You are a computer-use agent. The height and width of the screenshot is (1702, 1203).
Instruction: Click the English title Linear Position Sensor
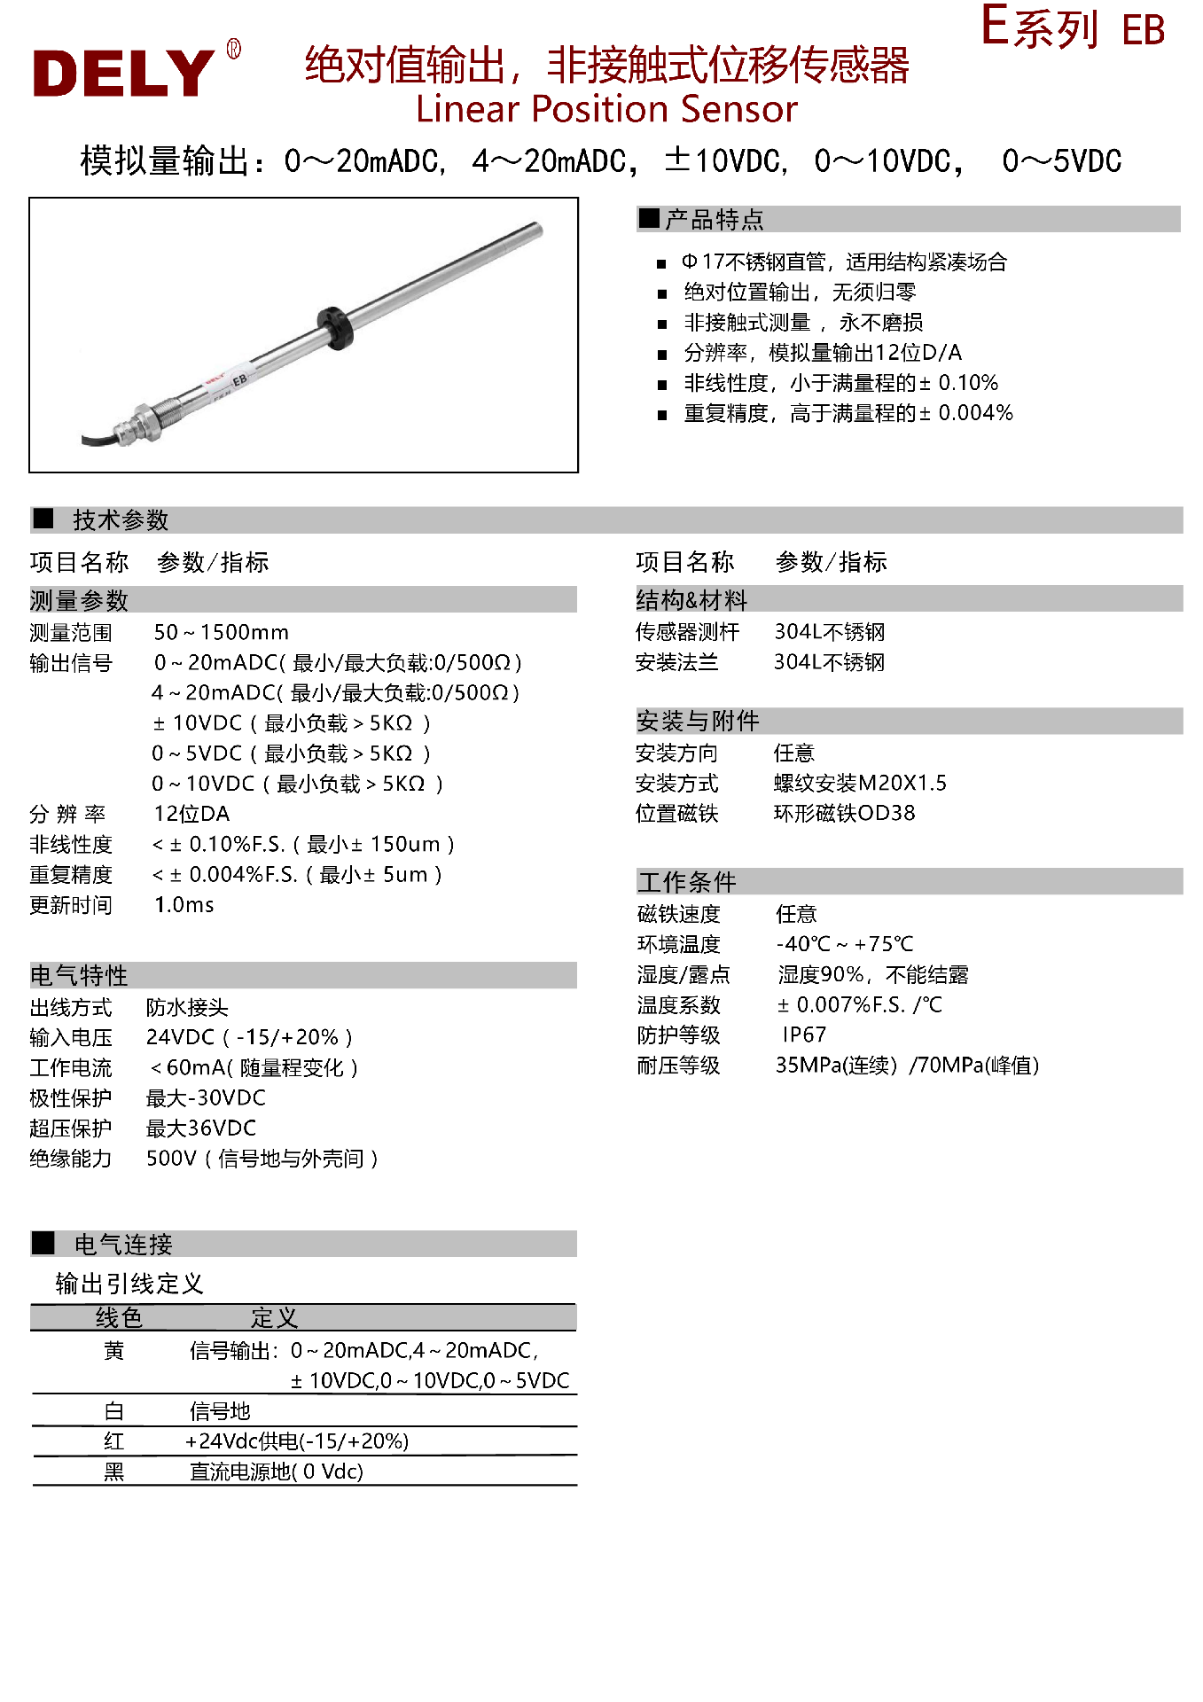coord(606,110)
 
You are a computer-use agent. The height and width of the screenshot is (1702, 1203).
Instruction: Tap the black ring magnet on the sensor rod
coord(336,327)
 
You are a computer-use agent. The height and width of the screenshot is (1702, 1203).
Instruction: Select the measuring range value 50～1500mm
coord(221,632)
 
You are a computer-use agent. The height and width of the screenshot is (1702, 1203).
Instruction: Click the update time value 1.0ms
coord(184,904)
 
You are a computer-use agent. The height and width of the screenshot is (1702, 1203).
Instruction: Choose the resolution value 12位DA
coord(191,814)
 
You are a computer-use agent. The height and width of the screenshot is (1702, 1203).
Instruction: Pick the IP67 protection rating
coord(803,1034)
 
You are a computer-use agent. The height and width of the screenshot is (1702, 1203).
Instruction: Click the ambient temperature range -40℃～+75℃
coord(844,944)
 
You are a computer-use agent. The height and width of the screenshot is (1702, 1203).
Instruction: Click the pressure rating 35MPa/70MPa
coord(906,1065)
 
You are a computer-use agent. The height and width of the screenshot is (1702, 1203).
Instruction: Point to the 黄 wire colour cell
coord(114,1351)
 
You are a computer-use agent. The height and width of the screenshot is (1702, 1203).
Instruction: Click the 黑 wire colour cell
coord(114,1472)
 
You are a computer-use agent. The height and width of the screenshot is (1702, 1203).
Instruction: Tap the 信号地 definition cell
coord(220,1411)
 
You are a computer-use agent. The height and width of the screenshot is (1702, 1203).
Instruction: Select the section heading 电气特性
coord(79,975)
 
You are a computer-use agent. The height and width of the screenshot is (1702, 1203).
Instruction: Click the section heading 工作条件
coord(687,882)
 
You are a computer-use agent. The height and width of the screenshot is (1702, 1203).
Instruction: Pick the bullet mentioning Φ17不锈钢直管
coord(843,262)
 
